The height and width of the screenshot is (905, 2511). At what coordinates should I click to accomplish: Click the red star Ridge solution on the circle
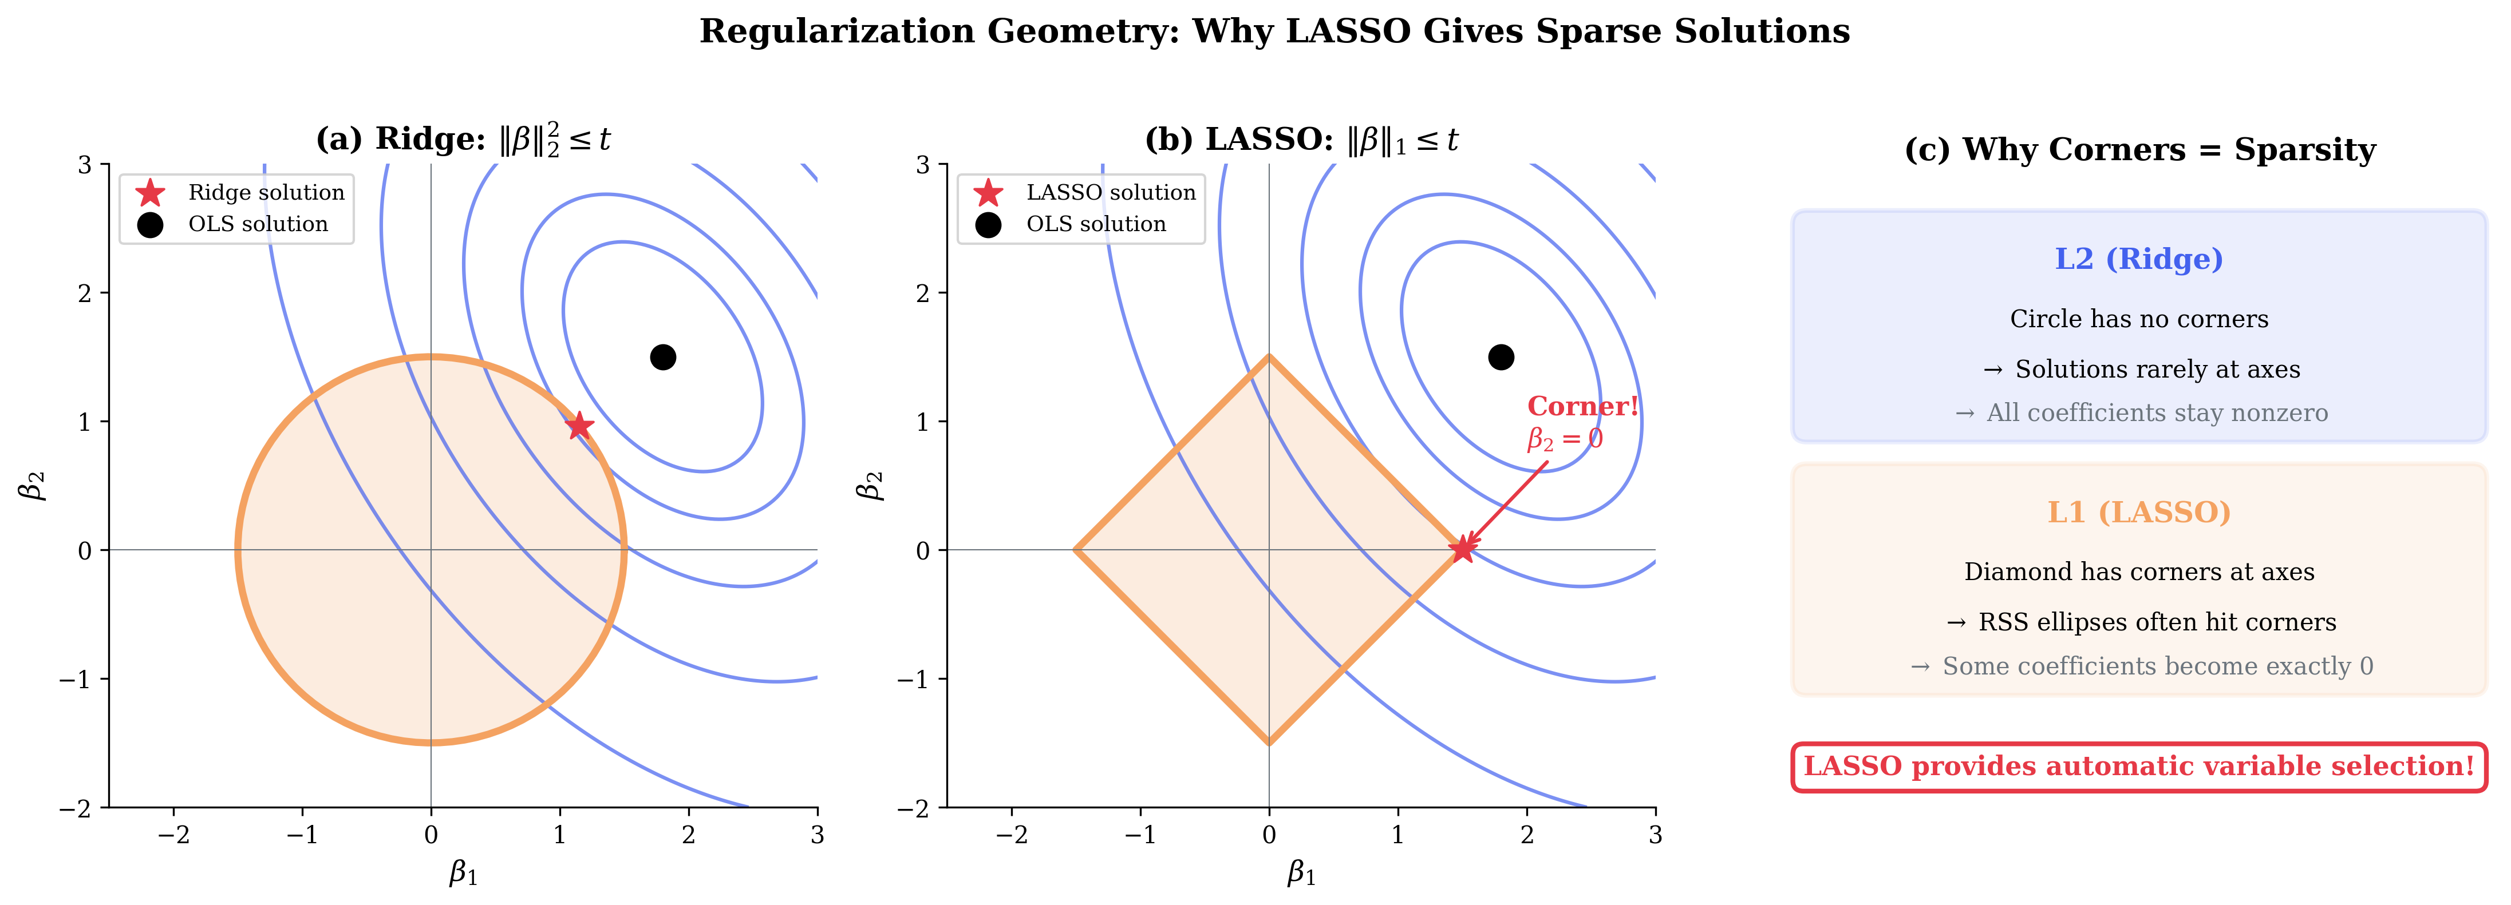tap(579, 426)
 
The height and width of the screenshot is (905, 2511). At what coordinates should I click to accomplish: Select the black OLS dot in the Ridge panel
tap(663, 358)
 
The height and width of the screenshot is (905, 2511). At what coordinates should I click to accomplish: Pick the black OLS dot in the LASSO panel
tap(1501, 358)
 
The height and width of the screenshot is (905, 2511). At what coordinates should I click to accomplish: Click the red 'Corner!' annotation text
tap(1582, 406)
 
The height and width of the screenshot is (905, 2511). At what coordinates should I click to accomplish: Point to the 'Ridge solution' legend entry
tap(266, 193)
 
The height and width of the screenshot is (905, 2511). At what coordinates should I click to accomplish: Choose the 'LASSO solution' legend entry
tap(1110, 193)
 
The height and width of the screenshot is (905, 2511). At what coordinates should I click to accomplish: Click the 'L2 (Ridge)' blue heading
tap(2139, 259)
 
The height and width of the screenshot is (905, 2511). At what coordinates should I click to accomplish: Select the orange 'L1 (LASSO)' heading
tap(2139, 513)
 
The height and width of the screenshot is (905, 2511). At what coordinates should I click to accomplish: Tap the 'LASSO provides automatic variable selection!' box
tap(2139, 767)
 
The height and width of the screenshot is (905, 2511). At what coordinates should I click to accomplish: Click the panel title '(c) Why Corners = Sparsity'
tap(2139, 150)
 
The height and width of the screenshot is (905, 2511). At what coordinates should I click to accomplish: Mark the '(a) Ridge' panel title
tap(463, 140)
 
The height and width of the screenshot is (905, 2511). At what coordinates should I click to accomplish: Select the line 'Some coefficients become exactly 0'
tap(2157, 666)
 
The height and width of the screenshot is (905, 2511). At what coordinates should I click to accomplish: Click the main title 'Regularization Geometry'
tap(1274, 31)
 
